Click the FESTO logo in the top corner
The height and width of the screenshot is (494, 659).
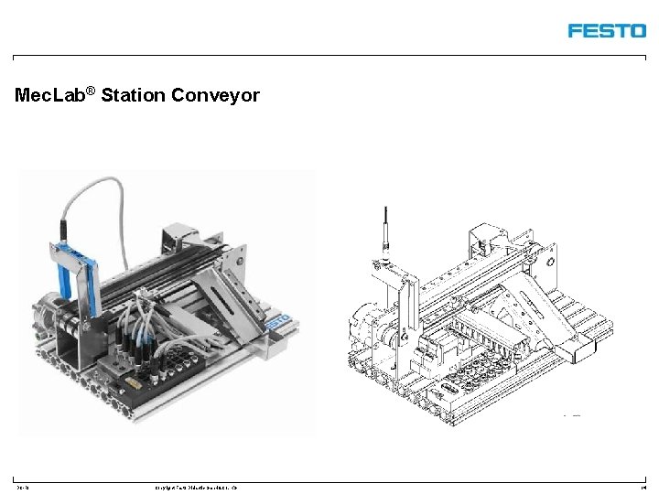[606, 30]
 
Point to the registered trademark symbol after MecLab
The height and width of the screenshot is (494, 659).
[92, 91]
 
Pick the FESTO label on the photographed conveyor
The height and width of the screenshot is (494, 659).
[278, 322]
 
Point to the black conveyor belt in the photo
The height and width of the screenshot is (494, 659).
[137, 274]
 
